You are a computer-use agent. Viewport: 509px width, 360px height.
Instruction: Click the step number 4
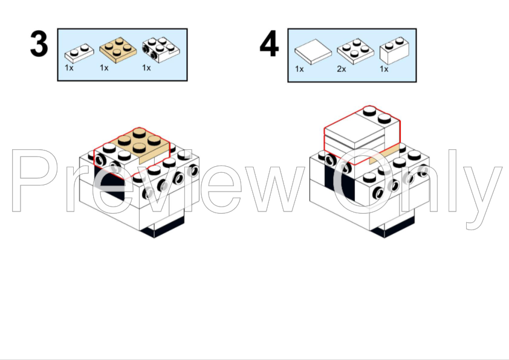point(269,43)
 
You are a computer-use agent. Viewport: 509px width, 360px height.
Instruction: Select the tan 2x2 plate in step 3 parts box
point(118,50)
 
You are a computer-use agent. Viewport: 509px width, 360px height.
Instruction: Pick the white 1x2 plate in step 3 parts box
point(79,53)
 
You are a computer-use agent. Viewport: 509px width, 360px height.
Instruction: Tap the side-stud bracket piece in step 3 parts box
point(161,50)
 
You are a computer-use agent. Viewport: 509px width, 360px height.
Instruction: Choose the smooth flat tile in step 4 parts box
point(313,52)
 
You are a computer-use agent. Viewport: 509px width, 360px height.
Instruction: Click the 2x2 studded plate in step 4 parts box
point(355,51)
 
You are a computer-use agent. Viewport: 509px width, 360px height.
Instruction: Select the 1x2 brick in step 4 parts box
point(394,51)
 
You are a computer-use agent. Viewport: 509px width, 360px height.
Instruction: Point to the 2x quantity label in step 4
point(342,69)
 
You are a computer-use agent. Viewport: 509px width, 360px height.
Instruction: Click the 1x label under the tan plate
point(104,68)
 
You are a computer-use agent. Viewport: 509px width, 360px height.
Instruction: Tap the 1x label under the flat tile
point(299,69)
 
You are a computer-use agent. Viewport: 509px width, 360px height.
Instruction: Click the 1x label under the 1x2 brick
point(384,69)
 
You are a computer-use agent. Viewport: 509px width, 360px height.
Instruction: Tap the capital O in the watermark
point(366,181)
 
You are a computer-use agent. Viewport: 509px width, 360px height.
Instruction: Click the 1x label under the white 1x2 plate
point(69,68)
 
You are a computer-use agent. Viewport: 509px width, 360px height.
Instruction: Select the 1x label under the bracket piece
point(146,68)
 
